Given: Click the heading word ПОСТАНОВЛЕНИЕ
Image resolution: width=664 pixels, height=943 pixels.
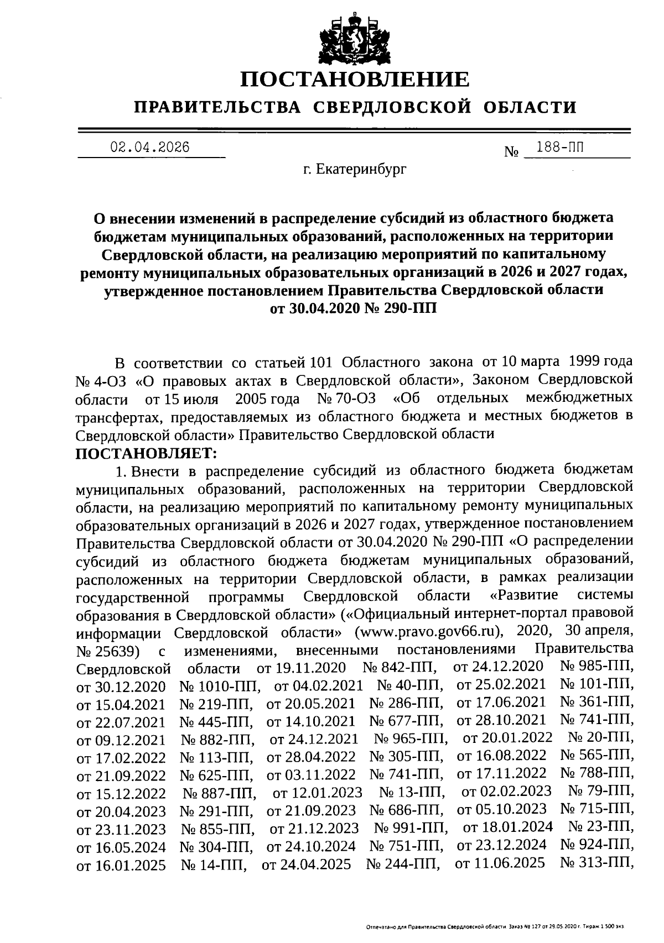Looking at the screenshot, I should pos(355,80).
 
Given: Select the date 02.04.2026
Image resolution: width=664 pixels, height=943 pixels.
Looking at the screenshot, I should pos(150,147).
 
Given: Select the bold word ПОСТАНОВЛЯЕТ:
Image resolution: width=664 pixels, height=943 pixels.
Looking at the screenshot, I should pos(147,453).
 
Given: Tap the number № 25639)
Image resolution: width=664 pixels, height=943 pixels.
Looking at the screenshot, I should pos(107,650).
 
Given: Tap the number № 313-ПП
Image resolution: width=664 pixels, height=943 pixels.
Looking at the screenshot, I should pos(596,863).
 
